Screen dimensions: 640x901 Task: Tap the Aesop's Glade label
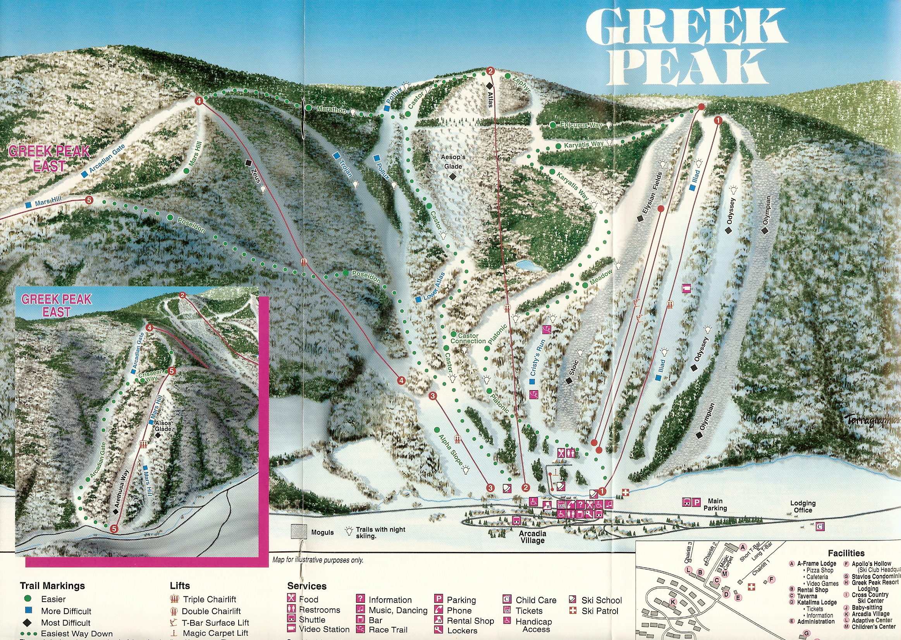click(453, 162)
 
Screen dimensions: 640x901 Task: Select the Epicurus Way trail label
click(581, 125)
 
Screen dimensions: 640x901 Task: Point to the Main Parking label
click(715, 504)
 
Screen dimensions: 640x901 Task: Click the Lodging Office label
click(803, 506)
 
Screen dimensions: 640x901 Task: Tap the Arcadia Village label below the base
click(532, 537)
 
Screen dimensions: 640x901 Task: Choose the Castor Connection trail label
click(468, 339)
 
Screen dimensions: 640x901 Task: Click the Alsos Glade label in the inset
click(163, 426)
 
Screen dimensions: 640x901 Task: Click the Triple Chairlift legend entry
click(209, 599)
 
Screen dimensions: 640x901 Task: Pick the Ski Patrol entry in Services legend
click(600, 611)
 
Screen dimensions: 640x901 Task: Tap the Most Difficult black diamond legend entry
click(65, 623)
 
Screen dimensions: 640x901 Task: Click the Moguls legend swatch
click(299, 532)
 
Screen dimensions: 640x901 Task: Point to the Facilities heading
click(846, 553)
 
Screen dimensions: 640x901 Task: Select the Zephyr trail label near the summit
click(522, 84)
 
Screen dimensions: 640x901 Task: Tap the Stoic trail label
click(574, 368)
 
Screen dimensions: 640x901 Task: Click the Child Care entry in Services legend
click(536, 600)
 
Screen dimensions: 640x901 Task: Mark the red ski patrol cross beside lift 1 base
click(625, 492)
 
